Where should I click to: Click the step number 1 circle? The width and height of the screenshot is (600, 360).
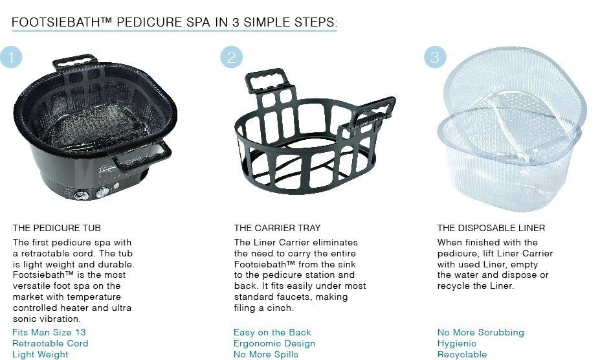[11, 57]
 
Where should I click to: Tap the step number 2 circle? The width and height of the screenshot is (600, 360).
[232, 57]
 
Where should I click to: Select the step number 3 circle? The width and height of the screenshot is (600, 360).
[435, 57]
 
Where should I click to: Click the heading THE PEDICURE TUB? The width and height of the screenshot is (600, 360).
[56, 229]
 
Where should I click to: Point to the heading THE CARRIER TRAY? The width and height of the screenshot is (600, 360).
[278, 229]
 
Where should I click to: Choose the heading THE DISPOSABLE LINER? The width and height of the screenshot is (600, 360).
[491, 229]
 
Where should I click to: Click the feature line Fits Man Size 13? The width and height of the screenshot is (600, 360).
[49, 332]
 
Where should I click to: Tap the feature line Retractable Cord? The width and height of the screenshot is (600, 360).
[50, 344]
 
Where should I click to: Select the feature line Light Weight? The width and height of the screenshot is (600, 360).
[40, 355]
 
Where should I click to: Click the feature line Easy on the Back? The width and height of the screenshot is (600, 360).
[272, 332]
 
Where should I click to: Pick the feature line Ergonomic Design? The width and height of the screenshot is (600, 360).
[274, 344]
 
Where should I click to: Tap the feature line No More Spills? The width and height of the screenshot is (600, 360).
[266, 355]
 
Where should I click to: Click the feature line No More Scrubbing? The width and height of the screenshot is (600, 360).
[481, 332]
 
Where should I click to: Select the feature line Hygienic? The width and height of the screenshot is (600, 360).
[457, 344]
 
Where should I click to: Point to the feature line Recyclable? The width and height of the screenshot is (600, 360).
[462, 355]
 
